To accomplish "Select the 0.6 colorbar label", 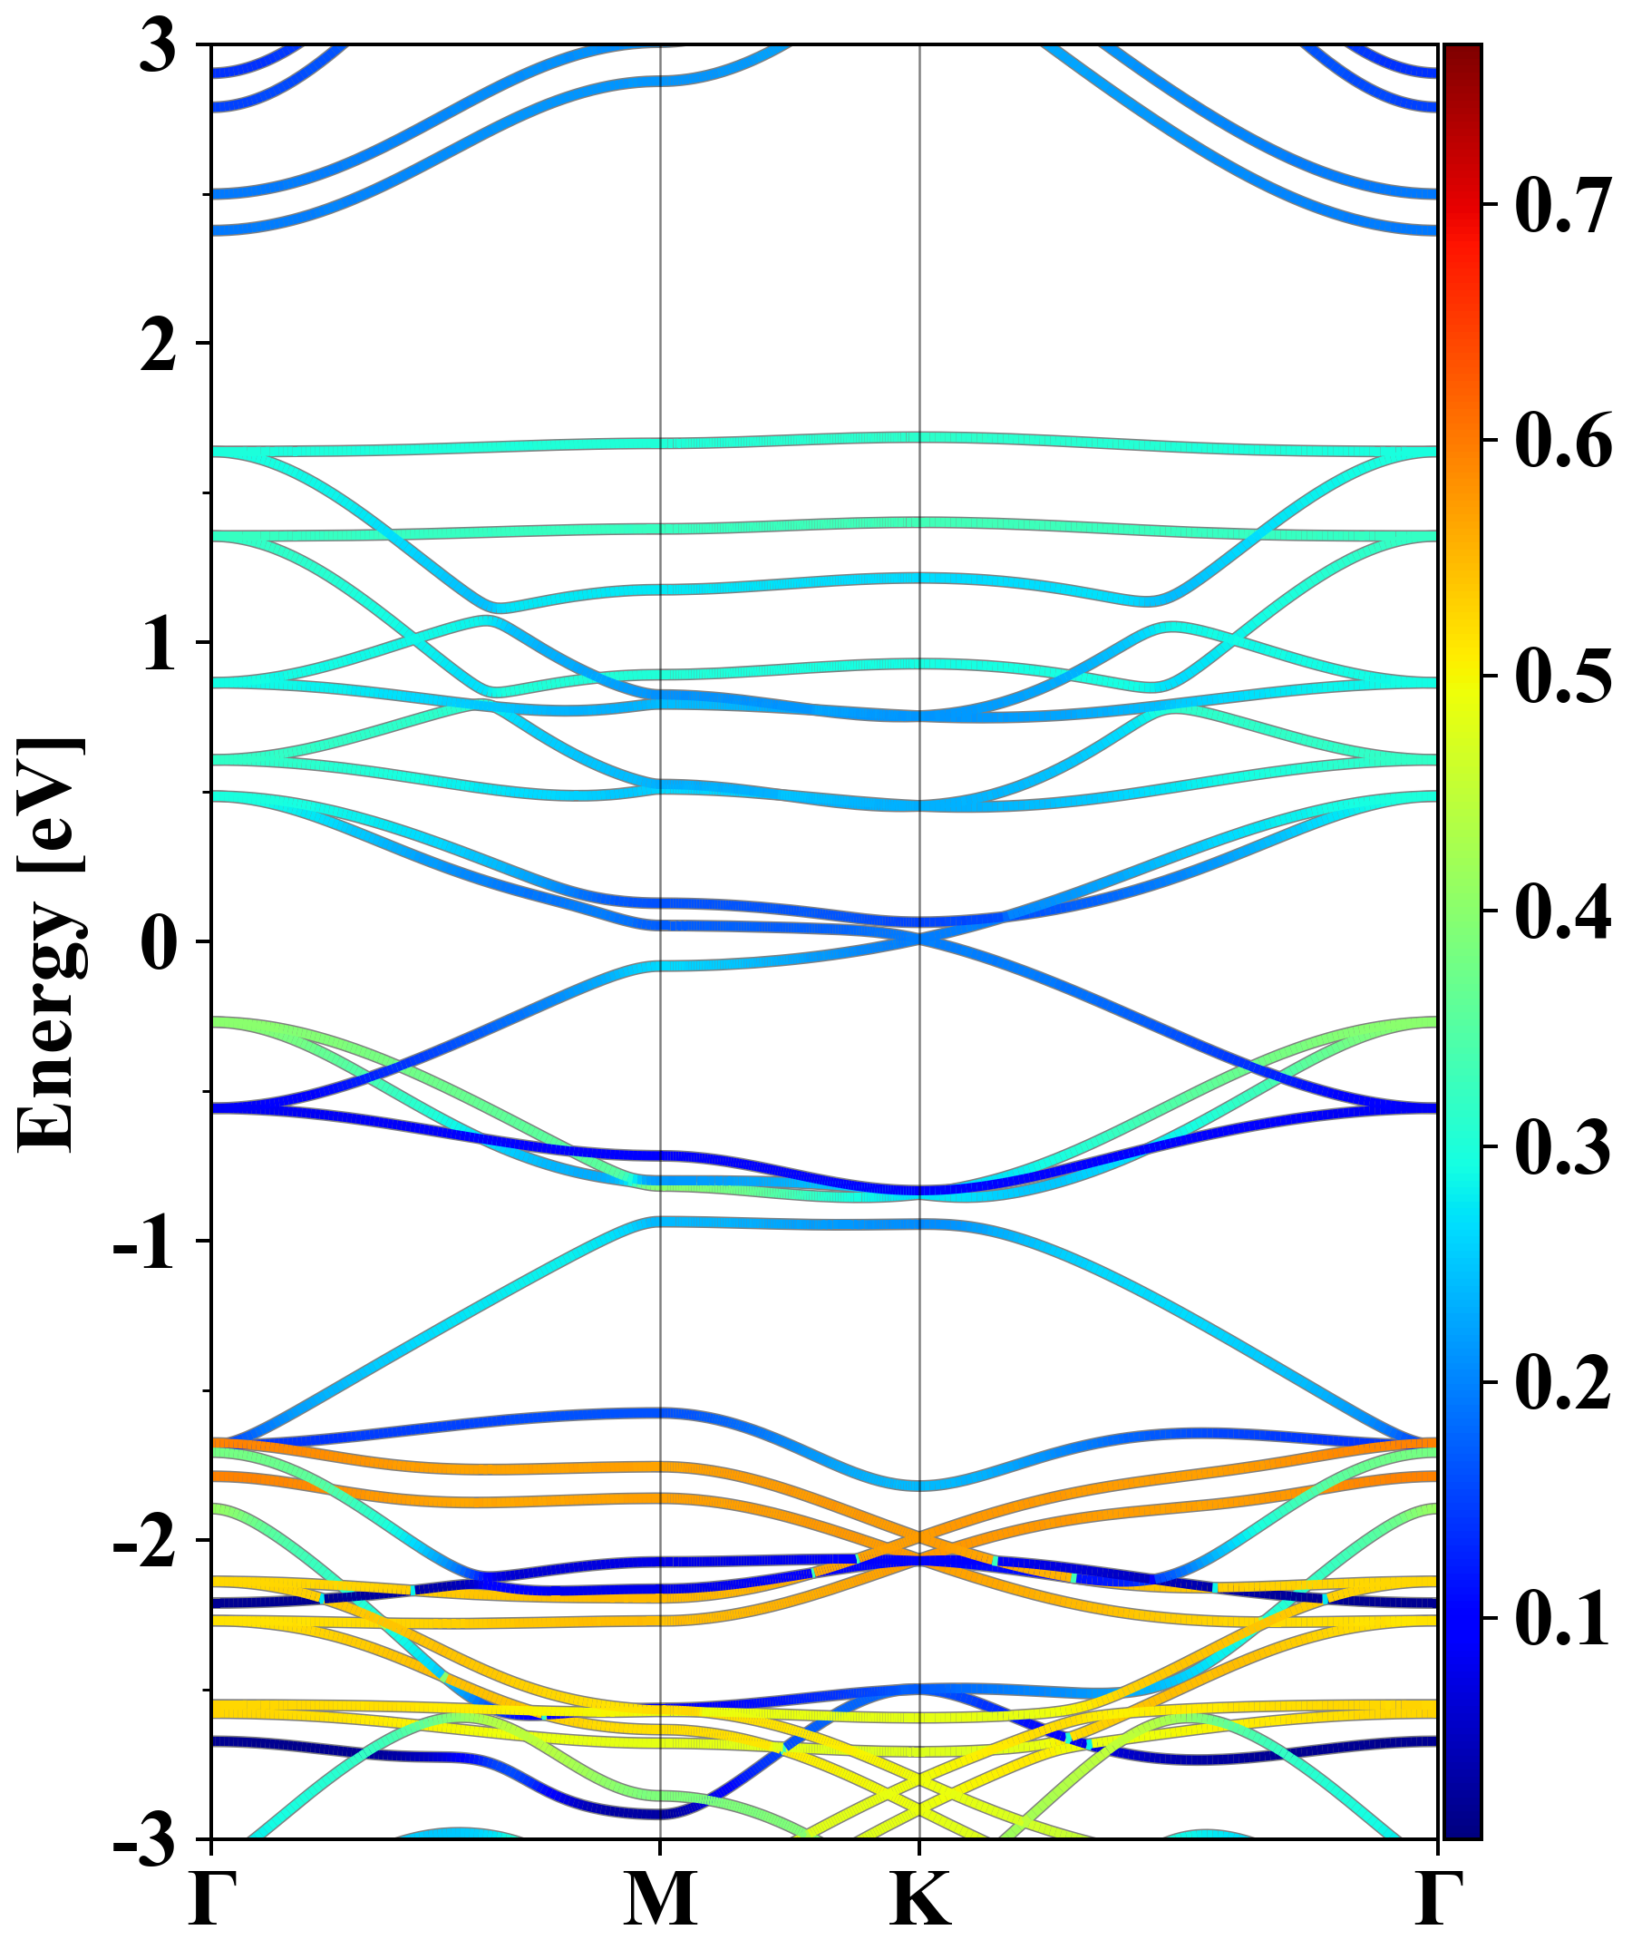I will point(1563,440).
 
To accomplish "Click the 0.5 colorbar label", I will point(1563,677).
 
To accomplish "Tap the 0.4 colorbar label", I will point(1563,911).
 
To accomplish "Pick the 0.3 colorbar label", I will point(1563,1147).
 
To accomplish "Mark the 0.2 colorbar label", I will point(1563,1382).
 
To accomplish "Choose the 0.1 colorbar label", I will point(1563,1619).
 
